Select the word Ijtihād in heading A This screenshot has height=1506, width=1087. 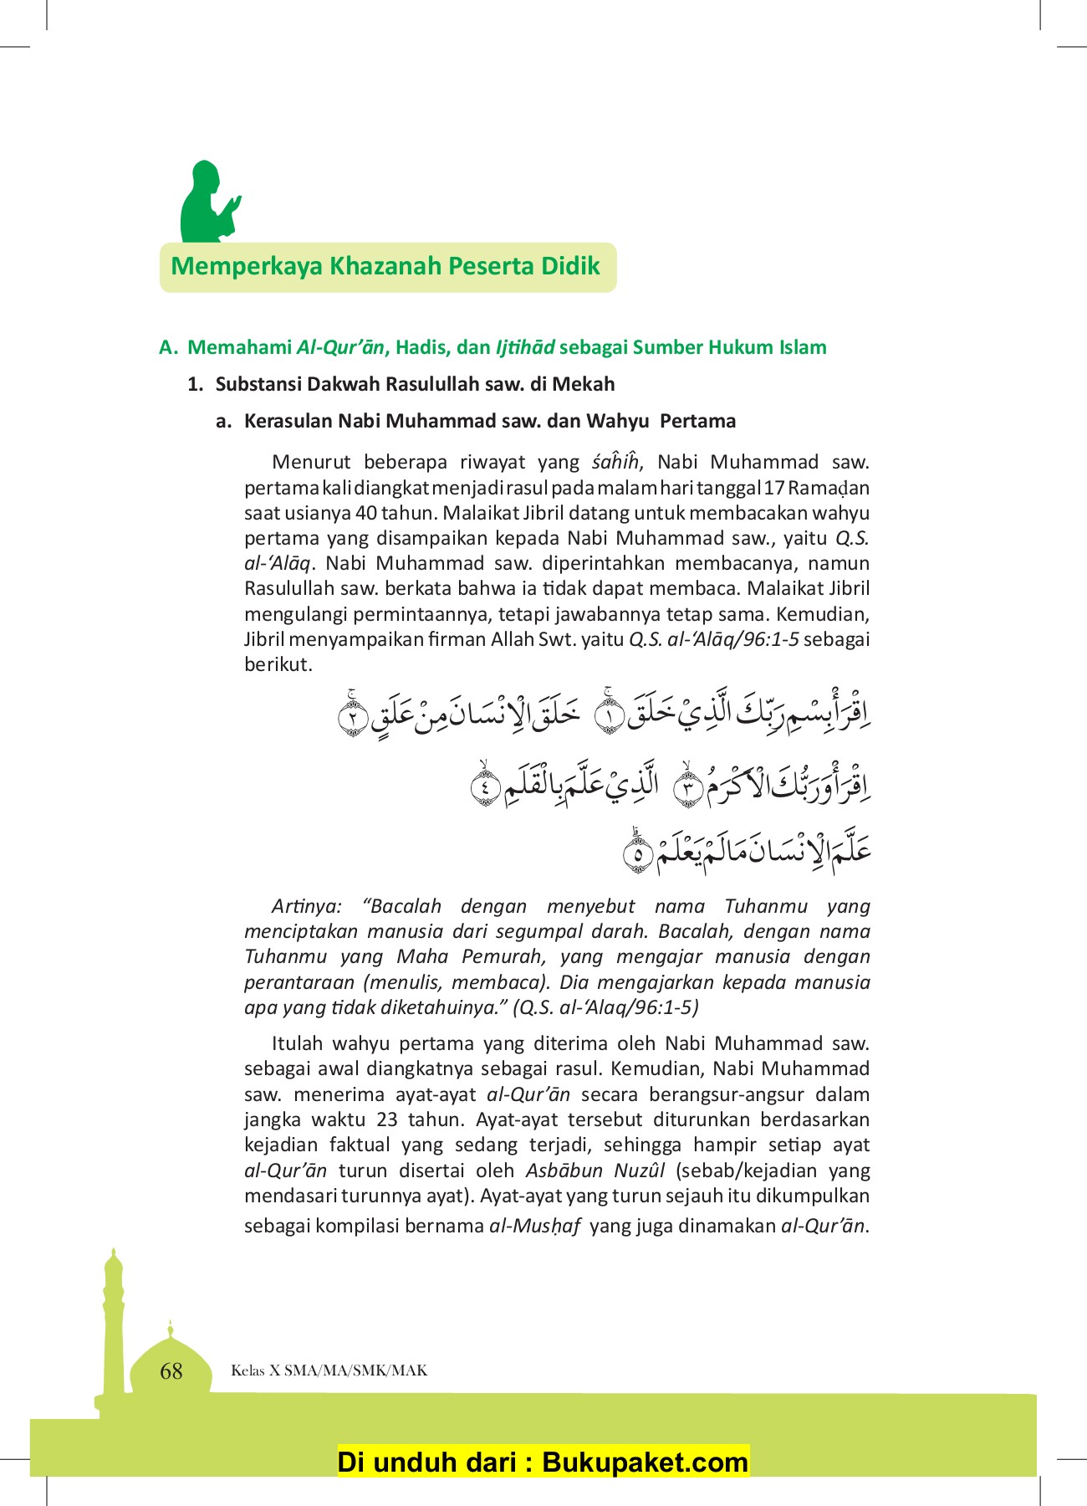pos(525,347)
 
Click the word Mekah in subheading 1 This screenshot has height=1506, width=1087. pos(588,384)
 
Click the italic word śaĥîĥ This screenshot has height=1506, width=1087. pos(615,462)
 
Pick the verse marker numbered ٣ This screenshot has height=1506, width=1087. pos(687,790)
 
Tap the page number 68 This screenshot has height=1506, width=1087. pos(171,1370)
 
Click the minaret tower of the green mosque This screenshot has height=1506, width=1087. pos(113,1322)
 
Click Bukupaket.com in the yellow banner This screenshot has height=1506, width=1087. pos(645,1462)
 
